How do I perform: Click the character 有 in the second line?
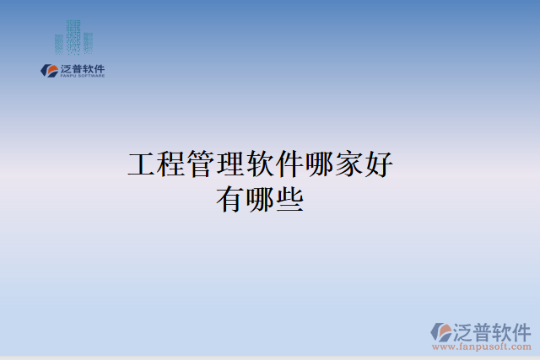[232, 200]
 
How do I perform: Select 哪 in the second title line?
[262, 200]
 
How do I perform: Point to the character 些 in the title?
[291, 200]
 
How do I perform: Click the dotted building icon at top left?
[73, 39]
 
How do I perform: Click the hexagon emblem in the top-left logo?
[49, 70]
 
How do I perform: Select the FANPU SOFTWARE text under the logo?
[83, 76]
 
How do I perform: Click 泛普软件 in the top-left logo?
[83, 67]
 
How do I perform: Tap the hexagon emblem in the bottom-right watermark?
[441, 331]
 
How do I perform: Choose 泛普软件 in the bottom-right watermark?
[494, 330]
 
